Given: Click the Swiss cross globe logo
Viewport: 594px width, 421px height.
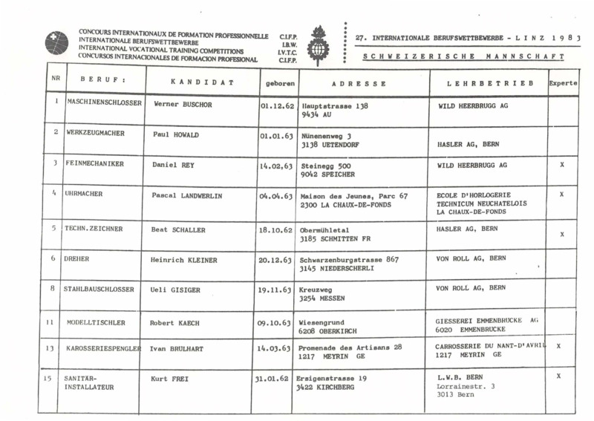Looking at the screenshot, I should coord(56,43).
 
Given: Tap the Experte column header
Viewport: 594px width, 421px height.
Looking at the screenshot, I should coord(563,83).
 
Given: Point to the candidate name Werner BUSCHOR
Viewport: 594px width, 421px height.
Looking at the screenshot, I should coord(183,105).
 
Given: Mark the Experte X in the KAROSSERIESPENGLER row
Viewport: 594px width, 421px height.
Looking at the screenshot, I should coord(558,347).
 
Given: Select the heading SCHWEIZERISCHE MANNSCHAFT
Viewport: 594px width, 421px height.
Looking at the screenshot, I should coord(463,57).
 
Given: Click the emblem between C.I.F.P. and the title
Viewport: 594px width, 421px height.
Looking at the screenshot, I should coord(319,45).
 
